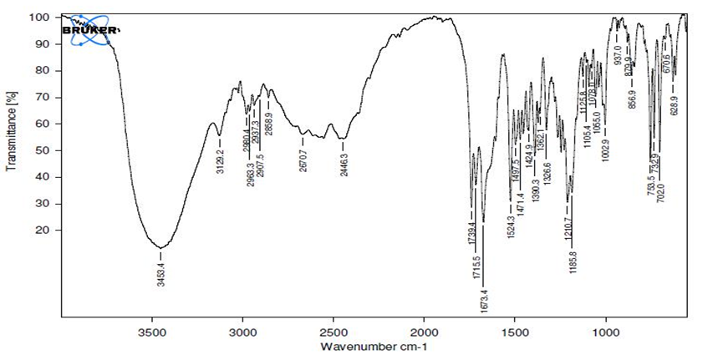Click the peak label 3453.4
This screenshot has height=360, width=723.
(x=160, y=273)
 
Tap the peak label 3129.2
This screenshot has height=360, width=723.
(x=219, y=159)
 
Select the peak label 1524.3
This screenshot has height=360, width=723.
(x=510, y=226)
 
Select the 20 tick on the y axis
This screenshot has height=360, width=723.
(x=45, y=230)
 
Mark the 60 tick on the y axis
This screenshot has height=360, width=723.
(x=45, y=124)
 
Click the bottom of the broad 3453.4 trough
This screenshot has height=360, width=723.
(x=160, y=247)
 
